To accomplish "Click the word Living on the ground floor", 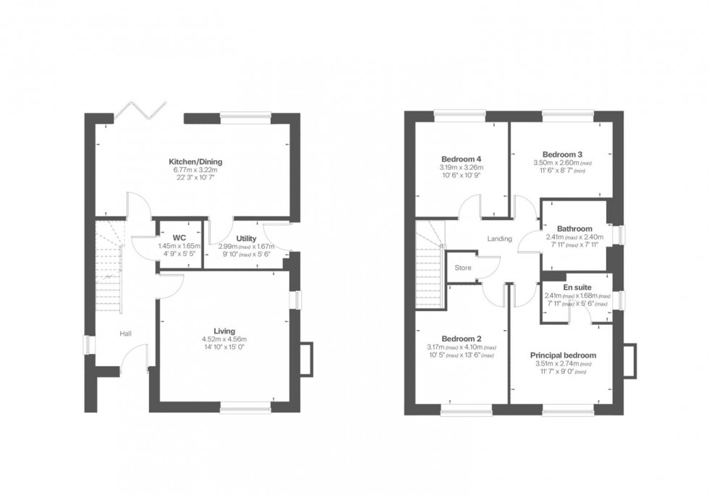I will (x=224, y=331).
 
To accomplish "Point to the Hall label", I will (x=126, y=334).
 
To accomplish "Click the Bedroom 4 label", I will (x=461, y=159).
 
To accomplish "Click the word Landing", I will (x=500, y=239).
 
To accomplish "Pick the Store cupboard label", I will (x=462, y=268).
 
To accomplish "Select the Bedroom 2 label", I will (x=461, y=339).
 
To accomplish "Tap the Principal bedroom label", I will (x=563, y=355).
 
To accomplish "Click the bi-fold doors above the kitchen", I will (x=139, y=109).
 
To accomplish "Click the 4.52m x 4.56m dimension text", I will (x=224, y=339).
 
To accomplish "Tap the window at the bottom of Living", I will (x=247, y=410).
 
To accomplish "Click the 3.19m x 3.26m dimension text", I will (x=461, y=167).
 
